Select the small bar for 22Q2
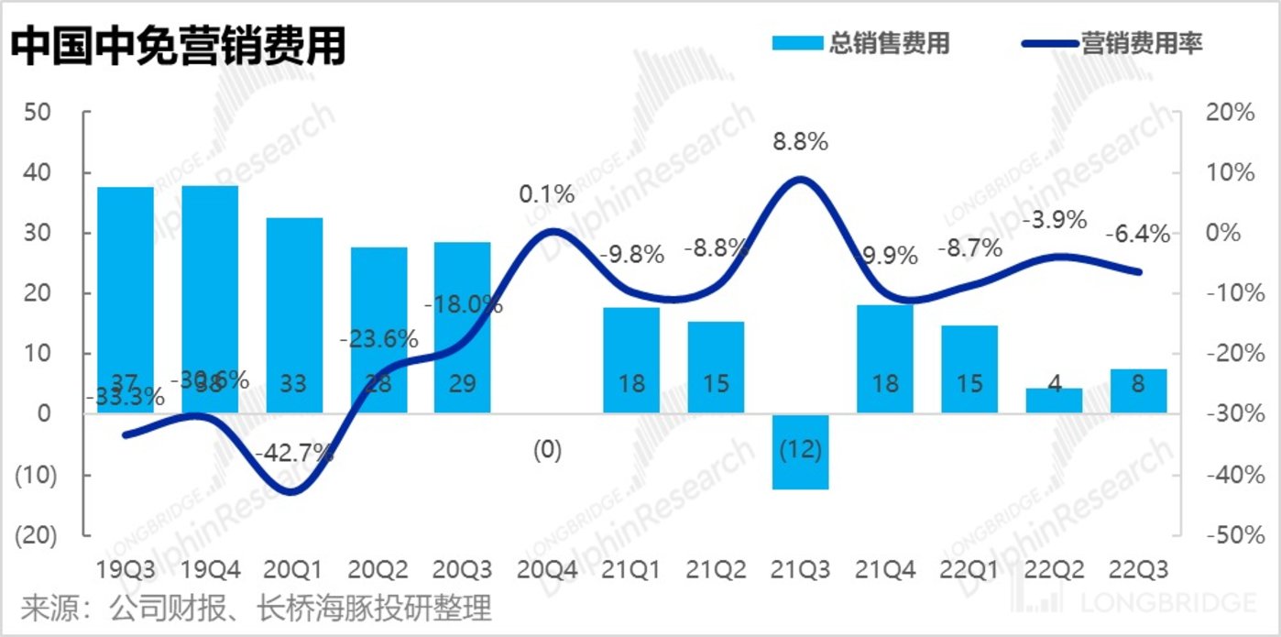tap(1054, 401)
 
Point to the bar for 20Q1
tap(294, 315)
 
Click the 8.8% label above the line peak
tap(800, 142)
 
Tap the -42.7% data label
tap(295, 453)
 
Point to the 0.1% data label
tap(546, 194)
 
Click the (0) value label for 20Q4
tap(547, 450)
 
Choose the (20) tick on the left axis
tap(36, 535)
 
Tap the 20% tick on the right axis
tap(1230, 113)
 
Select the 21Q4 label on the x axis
tap(884, 570)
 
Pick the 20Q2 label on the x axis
tap(378, 570)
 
